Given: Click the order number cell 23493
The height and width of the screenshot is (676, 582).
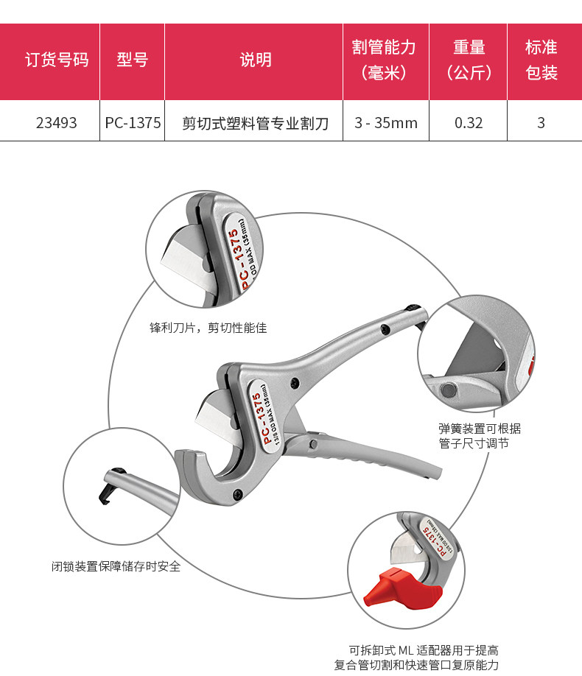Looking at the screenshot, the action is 56,123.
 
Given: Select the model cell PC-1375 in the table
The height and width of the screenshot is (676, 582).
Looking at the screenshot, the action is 133,123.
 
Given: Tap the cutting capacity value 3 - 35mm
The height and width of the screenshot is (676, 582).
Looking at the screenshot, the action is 385,123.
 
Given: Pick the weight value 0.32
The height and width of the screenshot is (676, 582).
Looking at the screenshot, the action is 469,123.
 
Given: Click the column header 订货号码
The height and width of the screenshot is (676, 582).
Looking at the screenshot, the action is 56,60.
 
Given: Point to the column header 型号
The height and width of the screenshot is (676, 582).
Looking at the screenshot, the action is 133,60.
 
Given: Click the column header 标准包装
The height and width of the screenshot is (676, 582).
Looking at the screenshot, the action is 541,60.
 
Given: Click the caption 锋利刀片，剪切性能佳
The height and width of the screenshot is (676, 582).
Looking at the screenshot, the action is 208,328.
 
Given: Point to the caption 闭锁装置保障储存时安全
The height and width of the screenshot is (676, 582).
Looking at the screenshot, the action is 116,566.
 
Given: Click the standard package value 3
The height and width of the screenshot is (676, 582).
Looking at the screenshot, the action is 541,123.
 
